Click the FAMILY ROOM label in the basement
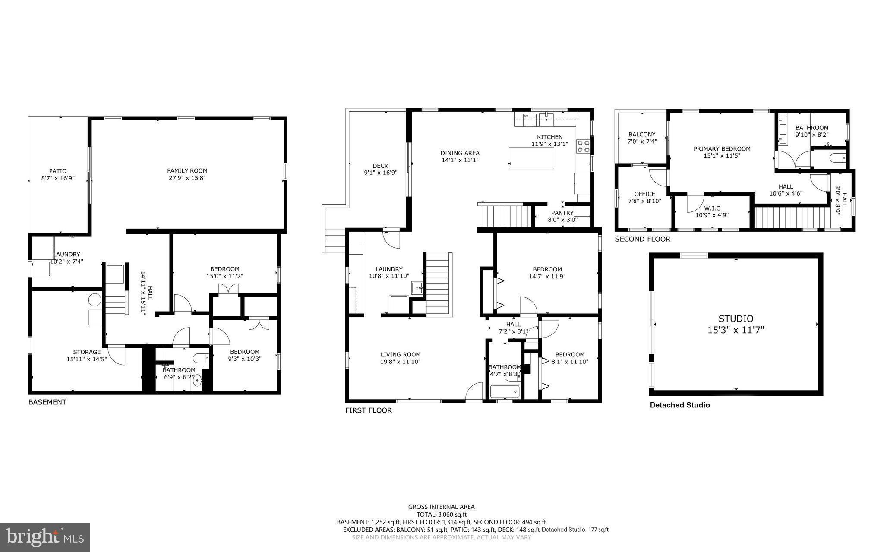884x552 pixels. pyautogui.click(x=187, y=170)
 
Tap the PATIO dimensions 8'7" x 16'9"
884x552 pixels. pyautogui.click(x=58, y=178)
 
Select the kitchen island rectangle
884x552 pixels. pyautogui.click(x=531, y=158)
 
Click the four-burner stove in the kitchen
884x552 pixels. pyautogui.click(x=583, y=147)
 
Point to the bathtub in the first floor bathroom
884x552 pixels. pyautogui.click(x=505, y=392)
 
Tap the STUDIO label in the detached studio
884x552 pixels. pyautogui.click(x=736, y=319)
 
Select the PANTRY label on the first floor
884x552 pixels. pyautogui.click(x=562, y=213)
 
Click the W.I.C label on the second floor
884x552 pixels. pyautogui.click(x=712, y=208)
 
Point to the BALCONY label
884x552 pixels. pyautogui.click(x=642, y=134)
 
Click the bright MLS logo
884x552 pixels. pyautogui.click(x=45, y=537)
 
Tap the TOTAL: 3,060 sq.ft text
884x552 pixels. pyautogui.click(x=441, y=514)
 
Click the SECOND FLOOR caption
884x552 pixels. pyautogui.click(x=642, y=239)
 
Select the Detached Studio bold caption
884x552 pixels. pyautogui.click(x=679, y=405)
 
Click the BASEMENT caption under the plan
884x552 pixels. pyautogui.click(x=47, y=402)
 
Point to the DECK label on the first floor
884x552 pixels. pyautogui.click(x=380, y=166)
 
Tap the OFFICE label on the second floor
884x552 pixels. pyautogui.click(x=644, y=194)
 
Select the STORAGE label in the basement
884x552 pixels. pyautogui.click(x=86, y=352)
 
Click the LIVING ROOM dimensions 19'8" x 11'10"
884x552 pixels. pyautogui.click(x=400, y=362)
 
